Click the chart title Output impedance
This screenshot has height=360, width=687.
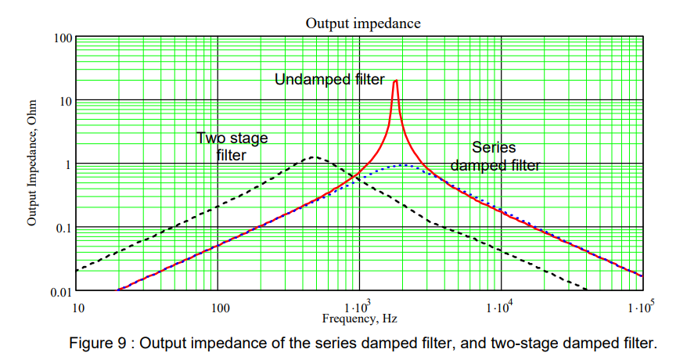click(x=362, y=23)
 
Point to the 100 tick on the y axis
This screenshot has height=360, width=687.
click(x=63, y=38)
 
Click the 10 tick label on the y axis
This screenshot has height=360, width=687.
click(x=67, y=101)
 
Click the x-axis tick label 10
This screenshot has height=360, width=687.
click(x=77, y=307)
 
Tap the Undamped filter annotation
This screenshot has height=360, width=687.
click(x=329, y=79)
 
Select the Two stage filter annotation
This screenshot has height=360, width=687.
click(x=232, y=146)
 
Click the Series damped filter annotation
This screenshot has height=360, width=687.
click(x=495, y=156)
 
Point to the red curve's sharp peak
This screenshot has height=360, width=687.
click(x=397, y=81)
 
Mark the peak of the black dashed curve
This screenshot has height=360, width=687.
click(x=313, y=157)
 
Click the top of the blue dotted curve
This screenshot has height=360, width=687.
click(x=405, y=164)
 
